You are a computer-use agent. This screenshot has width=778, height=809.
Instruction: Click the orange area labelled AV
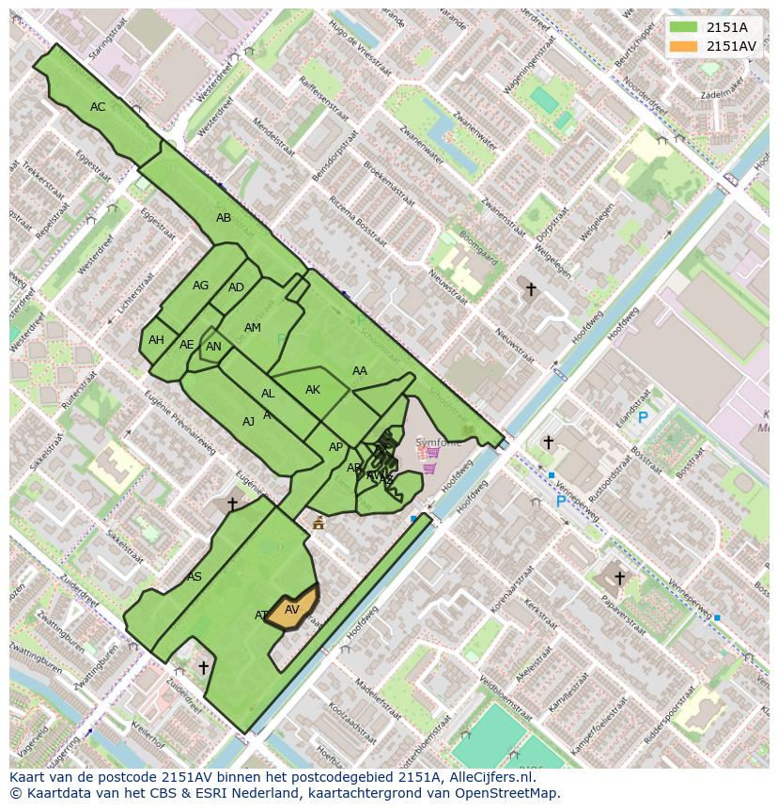292,609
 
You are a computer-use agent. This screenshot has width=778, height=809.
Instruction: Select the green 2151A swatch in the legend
684,27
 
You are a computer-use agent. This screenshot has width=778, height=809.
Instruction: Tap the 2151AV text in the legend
731,46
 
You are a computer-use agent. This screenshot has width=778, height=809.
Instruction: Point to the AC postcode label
98,107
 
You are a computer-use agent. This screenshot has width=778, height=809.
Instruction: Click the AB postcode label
224,218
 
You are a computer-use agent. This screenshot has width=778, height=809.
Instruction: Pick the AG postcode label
201,286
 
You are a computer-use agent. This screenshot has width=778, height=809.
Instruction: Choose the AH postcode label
156,340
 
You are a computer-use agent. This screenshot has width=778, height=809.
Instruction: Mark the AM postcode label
253,328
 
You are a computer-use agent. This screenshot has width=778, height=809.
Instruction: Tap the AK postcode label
313,390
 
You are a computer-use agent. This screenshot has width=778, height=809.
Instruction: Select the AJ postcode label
248,422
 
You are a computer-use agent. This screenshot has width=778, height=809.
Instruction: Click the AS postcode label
194,577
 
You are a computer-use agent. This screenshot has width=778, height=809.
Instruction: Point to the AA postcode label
360,371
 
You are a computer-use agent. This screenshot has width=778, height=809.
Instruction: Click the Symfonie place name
438,443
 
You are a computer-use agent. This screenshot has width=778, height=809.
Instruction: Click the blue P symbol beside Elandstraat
643,418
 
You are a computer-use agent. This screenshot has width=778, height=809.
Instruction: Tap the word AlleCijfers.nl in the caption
489,777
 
